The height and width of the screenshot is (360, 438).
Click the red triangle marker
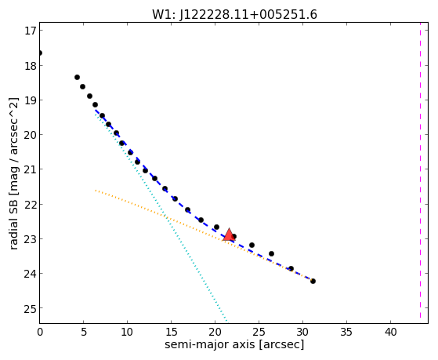click(229, 235)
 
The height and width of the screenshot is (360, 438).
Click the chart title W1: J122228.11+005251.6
click(234, 14)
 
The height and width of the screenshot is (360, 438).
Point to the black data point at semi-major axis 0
click(40, 53)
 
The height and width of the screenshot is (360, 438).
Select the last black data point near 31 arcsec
click(313, 281)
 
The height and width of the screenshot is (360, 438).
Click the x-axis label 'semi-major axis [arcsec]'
click(234, 344)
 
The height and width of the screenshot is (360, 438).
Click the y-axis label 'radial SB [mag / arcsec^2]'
click(13, 173)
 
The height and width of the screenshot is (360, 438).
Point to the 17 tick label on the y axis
click(31, 31)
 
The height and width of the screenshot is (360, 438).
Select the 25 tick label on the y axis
click(31, 308)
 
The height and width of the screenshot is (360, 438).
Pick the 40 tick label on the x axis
click(390, 333)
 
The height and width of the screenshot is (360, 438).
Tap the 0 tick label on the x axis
click(40, 333)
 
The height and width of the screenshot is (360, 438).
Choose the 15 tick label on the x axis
click(172, 333)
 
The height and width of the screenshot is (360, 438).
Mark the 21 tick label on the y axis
click(31, 169)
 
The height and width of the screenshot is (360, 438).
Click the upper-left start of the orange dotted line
click(96, 191)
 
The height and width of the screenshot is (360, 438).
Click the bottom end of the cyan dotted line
click(226, 322)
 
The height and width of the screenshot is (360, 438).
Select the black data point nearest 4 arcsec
click(77, 77)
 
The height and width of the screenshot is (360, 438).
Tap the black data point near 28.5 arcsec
click(291, 268)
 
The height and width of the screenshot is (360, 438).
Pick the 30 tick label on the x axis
click(302, 333)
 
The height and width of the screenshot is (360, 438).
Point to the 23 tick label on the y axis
click(31, 238)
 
